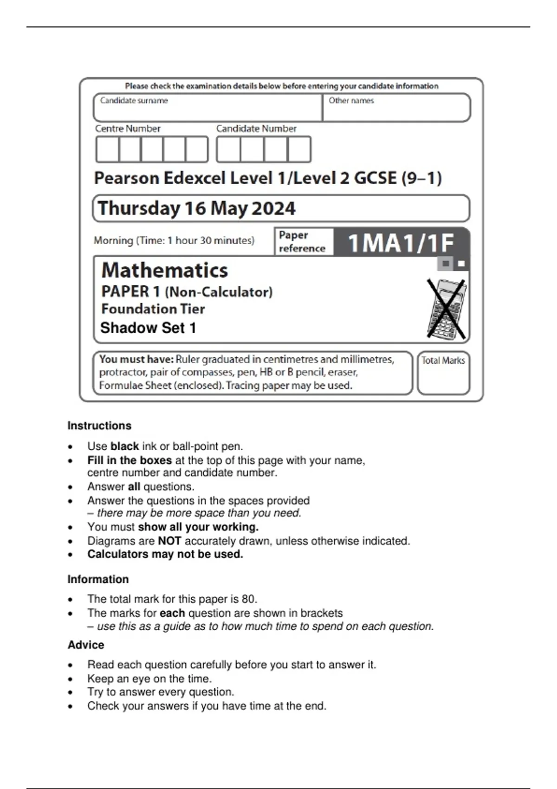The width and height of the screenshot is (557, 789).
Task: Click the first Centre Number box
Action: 107,149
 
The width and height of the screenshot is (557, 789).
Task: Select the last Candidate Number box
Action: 299,149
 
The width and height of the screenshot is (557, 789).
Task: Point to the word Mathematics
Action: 165,270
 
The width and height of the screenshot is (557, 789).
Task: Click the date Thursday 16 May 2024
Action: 196,208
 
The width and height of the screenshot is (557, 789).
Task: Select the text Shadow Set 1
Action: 148,328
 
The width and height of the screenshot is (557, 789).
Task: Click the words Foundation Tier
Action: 153,309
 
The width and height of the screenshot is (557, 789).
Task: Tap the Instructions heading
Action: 99,426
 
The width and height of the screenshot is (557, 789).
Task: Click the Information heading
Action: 98,579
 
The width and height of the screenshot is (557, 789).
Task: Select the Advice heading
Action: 86,645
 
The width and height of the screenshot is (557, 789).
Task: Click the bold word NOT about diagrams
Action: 169,541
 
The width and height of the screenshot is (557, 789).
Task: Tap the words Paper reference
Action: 302,242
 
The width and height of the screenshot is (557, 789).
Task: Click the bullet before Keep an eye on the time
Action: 70,679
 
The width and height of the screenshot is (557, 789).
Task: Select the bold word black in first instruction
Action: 124,446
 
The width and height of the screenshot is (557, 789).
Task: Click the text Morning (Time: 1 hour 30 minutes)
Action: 174,240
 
